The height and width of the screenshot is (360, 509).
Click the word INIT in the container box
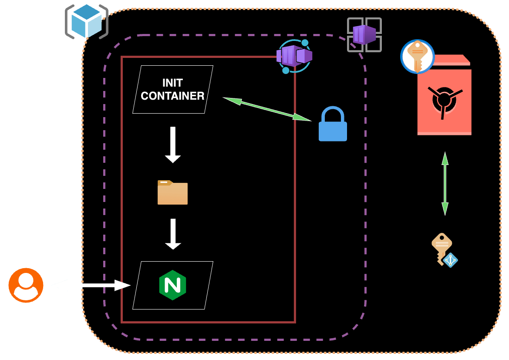click(172, 83)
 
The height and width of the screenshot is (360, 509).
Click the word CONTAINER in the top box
click(172, 96)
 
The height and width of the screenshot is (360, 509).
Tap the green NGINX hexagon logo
click(172, 285)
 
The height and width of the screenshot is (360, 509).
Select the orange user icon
click(26, 285)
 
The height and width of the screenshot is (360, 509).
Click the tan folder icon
click(172, 192)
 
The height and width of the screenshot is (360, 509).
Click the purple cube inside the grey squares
click(364, 34)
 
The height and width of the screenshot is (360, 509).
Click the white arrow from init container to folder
click(173, 145)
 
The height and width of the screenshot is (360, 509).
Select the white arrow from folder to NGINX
click(173, 234)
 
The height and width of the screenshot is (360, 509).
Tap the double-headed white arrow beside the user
click(91, 285)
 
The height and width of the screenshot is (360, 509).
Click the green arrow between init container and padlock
click(267, 108)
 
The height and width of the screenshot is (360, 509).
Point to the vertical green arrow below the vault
click(445, 183)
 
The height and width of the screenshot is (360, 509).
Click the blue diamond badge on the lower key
click(450, 260)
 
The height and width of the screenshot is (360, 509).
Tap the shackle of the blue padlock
click(333, 114)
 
